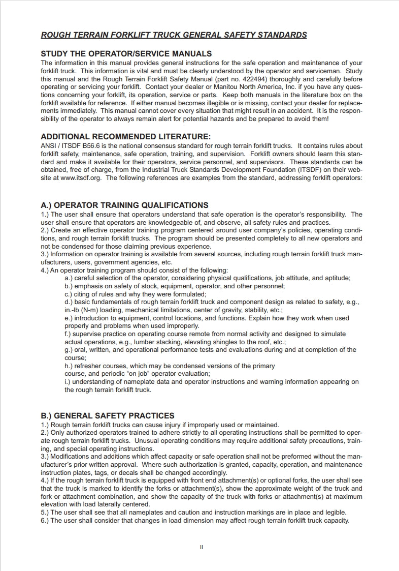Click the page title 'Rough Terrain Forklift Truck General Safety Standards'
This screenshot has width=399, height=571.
click(x=174, y=35)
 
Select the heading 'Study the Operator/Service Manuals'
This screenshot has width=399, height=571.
click(x=126, y=53)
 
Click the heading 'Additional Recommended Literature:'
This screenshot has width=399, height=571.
click(x=125, y=136)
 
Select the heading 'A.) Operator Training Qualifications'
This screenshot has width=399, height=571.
click(x=124, y=205)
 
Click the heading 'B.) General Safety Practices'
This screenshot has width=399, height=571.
click(x=107, y=416)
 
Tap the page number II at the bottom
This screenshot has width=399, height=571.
click(x=202, y=547)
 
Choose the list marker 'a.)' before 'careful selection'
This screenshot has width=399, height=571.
click(x=70, y=278)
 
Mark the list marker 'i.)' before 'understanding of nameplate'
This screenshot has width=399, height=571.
click(x=69, y=382)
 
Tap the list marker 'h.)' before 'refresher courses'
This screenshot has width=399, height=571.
click(x=70, y=366)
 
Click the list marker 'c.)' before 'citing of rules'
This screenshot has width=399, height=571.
click(x=70, y=294)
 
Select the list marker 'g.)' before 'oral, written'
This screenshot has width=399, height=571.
click(x=70, y=350)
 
